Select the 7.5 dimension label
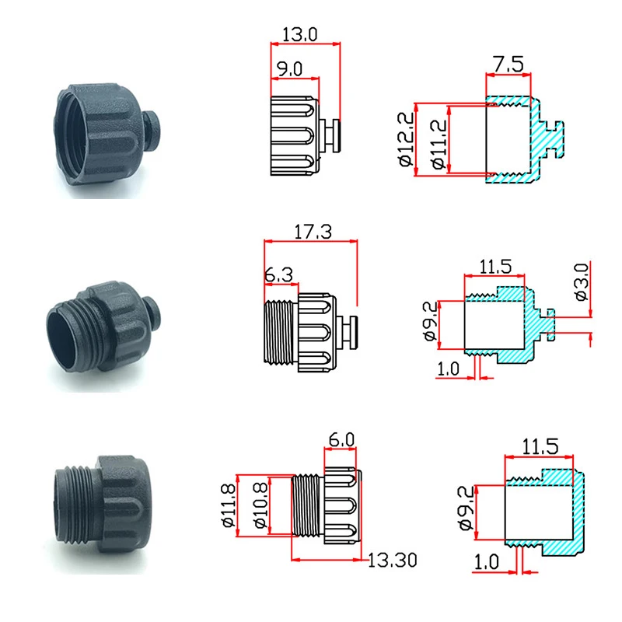[508, 64]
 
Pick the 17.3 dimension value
[311, 232]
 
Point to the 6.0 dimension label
[341, 439]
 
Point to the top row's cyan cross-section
[529, 140]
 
